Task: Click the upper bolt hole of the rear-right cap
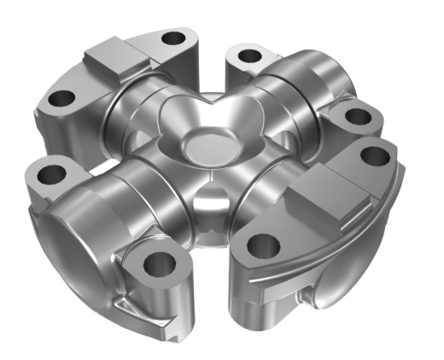pos(248,57)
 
